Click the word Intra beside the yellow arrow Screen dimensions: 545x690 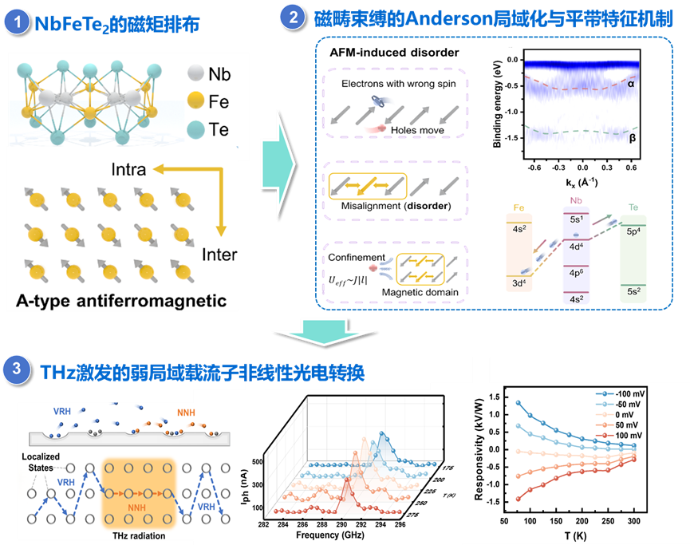[x=128, y=170]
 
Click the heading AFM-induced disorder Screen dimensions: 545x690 [x=395, y=53]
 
